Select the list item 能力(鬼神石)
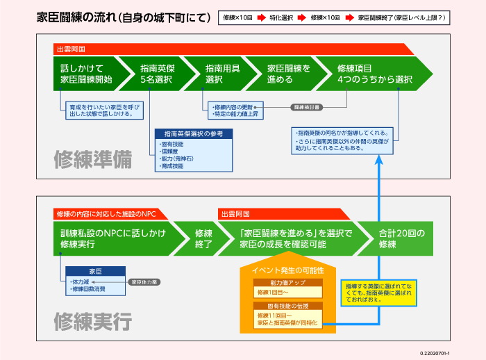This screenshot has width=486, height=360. tap(178, 159)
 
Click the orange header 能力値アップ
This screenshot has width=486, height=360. tap(287, 283)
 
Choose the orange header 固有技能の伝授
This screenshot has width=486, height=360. tap(287, 305)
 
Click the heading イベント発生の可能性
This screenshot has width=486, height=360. tap(287, 270)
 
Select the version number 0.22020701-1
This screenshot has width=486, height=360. tap(459, 353)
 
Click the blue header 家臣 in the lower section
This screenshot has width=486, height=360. tap(95, 271)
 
